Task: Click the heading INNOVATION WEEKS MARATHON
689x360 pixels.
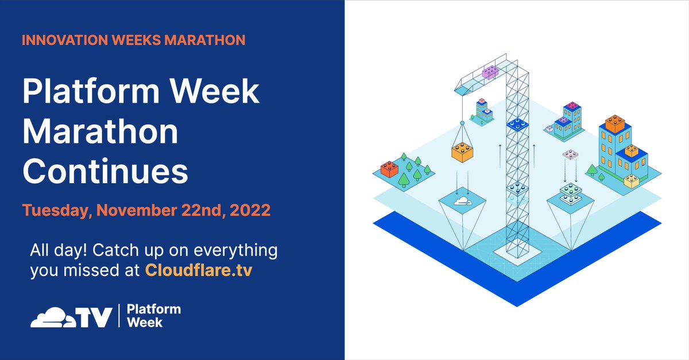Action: coord(133,40)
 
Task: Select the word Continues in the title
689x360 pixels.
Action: coord(104,171)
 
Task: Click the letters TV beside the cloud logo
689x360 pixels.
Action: coord(94,318)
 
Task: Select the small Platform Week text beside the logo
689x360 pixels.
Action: coord(153,316)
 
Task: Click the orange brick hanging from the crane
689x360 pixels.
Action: coord(462,150)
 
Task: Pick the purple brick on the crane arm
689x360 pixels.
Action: coord(490,72)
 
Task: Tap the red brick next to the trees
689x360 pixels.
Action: coord(390,168)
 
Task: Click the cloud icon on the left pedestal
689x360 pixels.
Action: coord(462,202)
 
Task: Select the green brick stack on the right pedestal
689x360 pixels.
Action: coord(570,193)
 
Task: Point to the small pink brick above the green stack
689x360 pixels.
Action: coord(570,154)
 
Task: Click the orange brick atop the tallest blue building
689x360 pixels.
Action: coord(616,122)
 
